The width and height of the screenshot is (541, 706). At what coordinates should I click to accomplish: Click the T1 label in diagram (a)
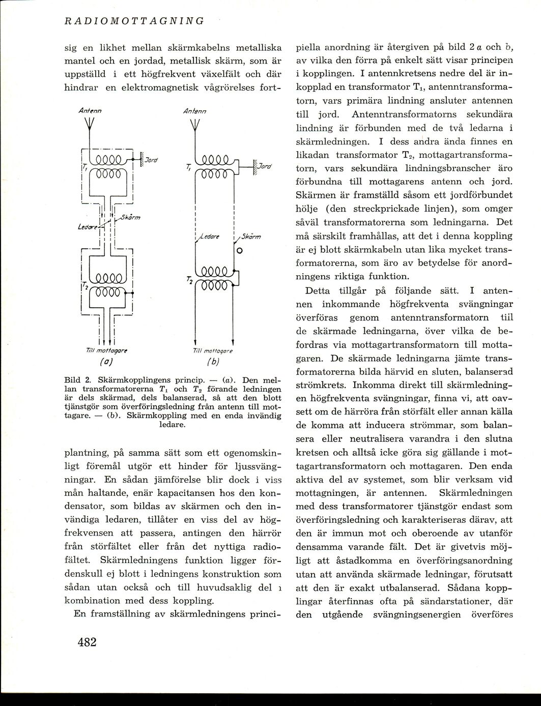pos(85,167)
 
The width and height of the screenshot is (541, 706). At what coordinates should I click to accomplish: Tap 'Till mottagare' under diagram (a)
pos(107,350)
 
